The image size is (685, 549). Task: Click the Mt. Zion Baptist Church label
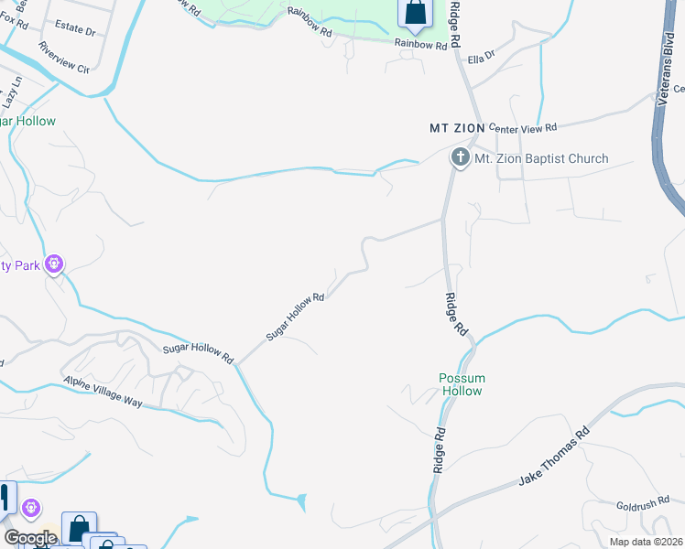540,158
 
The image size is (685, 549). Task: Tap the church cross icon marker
459,158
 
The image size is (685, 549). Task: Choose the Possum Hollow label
461,384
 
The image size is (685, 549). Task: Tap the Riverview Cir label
64,56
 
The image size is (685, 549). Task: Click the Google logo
30,537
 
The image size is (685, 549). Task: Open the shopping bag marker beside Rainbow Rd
414,13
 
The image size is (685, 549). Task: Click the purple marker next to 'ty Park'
53,264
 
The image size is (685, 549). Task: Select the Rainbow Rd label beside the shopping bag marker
420,43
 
